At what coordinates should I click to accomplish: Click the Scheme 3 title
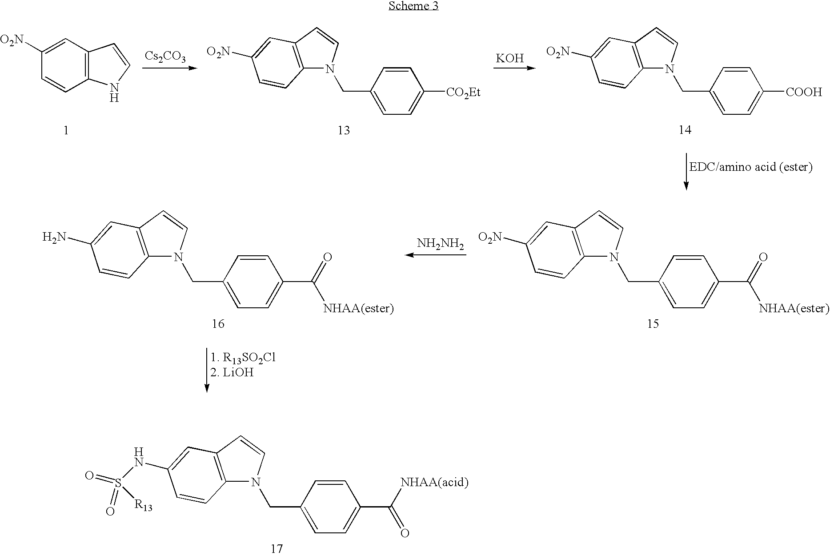[413, 6]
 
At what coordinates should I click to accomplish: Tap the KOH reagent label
[509, 58]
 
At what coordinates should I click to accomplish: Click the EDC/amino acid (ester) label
[750, 167]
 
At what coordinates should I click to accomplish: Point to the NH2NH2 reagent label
[440, 244]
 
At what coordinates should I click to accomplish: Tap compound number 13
[344, 130]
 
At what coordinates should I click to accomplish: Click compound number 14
[685, 130]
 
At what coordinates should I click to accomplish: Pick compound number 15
[653, 323]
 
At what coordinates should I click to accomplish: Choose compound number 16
[218, 323]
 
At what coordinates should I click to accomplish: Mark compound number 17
[277, 549]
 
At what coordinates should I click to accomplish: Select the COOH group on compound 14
[804, 93]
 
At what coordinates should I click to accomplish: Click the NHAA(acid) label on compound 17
[434, 482]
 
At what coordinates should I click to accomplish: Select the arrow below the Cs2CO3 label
[169, 68]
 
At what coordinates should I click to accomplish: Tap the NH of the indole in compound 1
[114, 93]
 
